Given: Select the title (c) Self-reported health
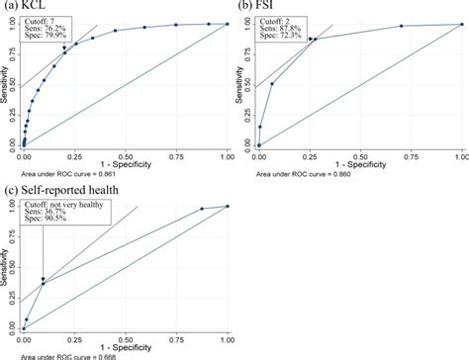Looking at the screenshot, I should pos(59,188).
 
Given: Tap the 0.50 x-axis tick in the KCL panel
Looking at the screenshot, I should pos(126,156).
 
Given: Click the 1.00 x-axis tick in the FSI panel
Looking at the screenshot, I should pos(460,156).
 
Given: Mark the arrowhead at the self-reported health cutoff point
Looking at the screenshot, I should pos(43,280).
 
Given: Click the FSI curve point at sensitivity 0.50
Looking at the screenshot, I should pos(272,84).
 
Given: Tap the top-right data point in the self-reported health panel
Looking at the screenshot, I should pos(227,206).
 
